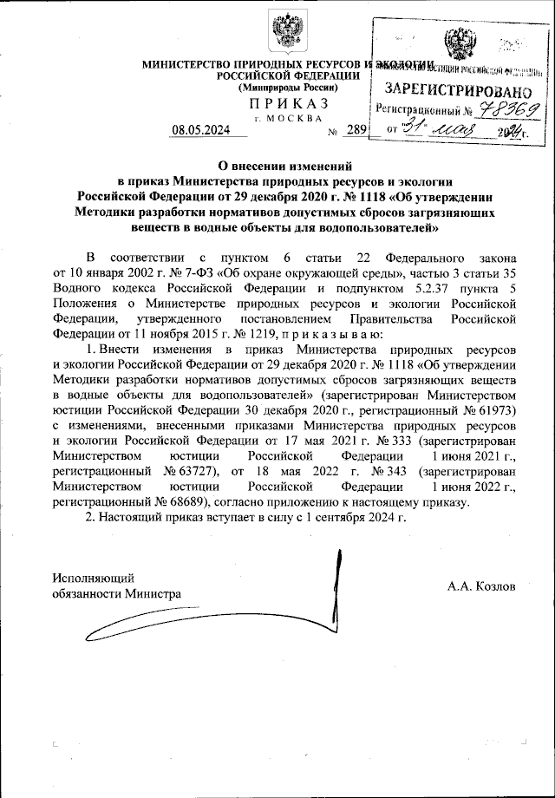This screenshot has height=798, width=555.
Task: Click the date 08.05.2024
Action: click(x=199, y=131)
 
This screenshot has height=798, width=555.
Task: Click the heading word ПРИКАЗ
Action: click(x=285, y=101)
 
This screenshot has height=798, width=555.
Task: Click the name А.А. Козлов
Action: click(x=481, y=586)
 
